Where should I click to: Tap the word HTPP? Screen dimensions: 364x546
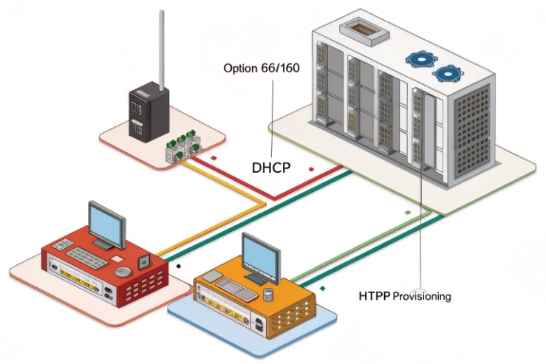click(x=375, y=296)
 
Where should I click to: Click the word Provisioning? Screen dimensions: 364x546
click(x=421, y=296)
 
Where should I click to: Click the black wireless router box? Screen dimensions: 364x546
click(x=149, y=111)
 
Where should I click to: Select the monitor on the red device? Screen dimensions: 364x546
click(x=106, y=224)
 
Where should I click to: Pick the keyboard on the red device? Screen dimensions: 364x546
click(x=87, y=256)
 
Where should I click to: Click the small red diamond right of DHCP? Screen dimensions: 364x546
click(x=312, y=169)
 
